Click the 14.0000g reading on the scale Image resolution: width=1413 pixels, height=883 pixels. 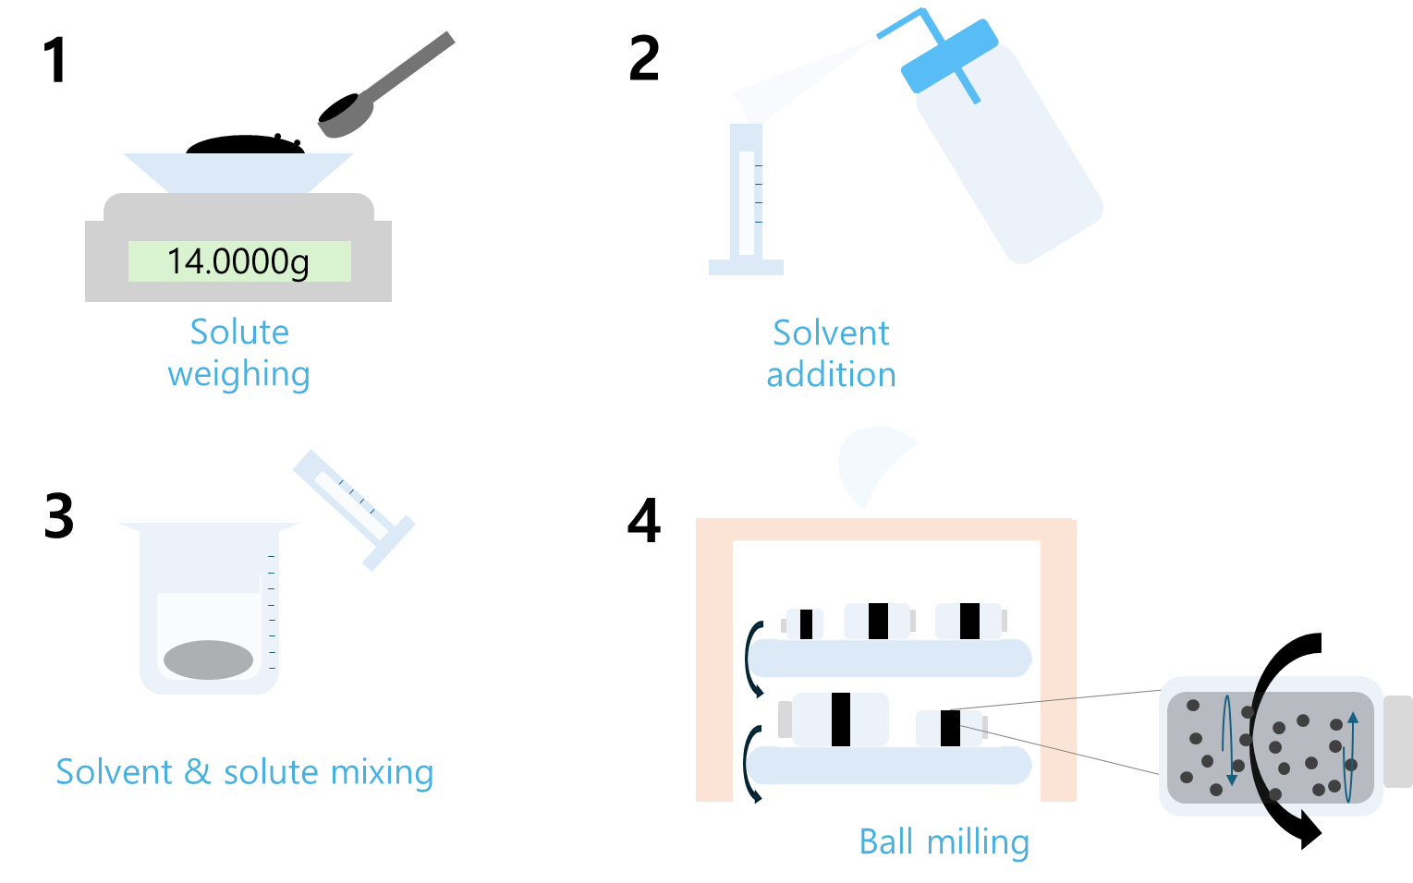click(x=238, y=261)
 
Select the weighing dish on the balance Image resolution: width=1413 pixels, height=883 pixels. click(x=238, y=172)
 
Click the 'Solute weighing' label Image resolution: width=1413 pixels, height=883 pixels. click(x=238, y=353)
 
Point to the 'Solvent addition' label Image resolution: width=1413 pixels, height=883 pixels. click(x=831, y=353)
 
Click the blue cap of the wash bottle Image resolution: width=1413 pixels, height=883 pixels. click(x=950, y=55)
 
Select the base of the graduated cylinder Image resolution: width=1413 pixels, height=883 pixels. click(x=746, y=267)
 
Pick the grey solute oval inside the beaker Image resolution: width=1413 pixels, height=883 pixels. click(x=208, y=659)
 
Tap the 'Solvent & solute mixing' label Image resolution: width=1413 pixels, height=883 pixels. click(x=244, y=772)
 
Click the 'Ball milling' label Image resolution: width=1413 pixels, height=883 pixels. click(x=944, y=842)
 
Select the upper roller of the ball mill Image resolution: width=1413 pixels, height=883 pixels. click(x=890, y=658)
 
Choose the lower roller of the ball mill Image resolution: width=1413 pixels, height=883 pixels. click(x=890, y=766)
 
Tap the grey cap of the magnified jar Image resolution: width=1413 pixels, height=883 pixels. click(x=1398, y=741)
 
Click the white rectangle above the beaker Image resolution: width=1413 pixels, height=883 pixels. click(x=197, y=492)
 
